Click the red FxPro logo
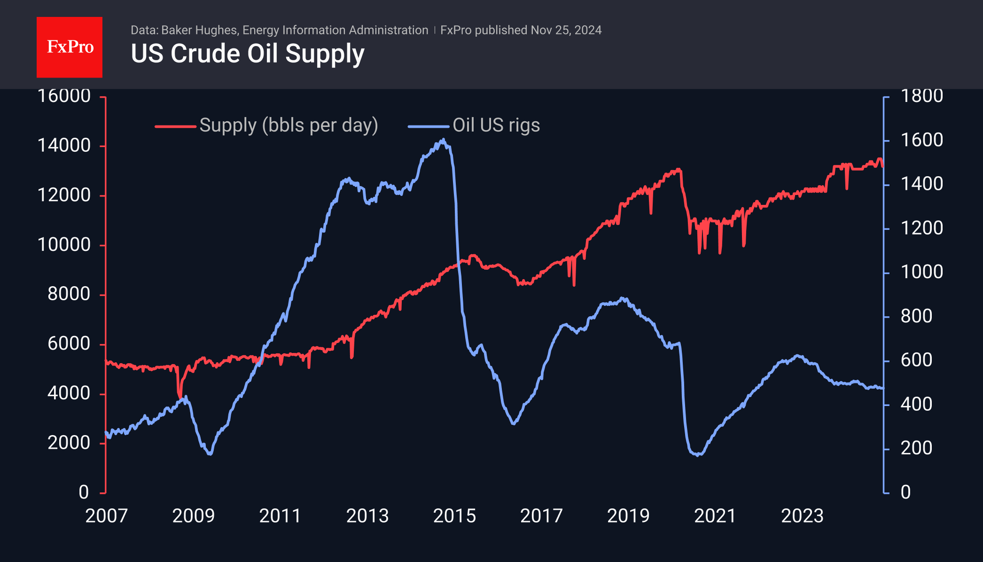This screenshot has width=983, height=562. click(x=70, y=47)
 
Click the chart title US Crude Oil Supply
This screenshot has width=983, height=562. click(x=248, y=54)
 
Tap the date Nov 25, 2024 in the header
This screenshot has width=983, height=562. click(x=566, y=30)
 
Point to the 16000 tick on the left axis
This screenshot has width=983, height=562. click(x=64, y=96)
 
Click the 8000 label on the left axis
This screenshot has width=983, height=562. click(x=69, y=294)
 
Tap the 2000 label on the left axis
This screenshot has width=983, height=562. click(x=69, y=443)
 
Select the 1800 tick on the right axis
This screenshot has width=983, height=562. click(x=921, y=96)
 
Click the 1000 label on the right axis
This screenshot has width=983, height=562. click(x=921, y=272)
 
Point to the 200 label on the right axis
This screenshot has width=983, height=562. click(x=916, y=448)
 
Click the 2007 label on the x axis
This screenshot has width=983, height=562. click(x=106, y=516)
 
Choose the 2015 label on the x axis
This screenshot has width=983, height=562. click(x=454, y=516)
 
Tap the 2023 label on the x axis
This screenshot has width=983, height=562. click(x=802, y=516)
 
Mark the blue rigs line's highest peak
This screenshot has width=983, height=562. click(x=443, y=140)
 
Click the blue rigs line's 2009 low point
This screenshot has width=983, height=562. click(x=210, y=454)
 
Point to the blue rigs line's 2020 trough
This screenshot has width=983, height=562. click(x=699, y=454)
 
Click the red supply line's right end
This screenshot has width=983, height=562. click(x=883, y=166)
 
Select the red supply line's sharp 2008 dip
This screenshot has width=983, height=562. click(x=179, y=397)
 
